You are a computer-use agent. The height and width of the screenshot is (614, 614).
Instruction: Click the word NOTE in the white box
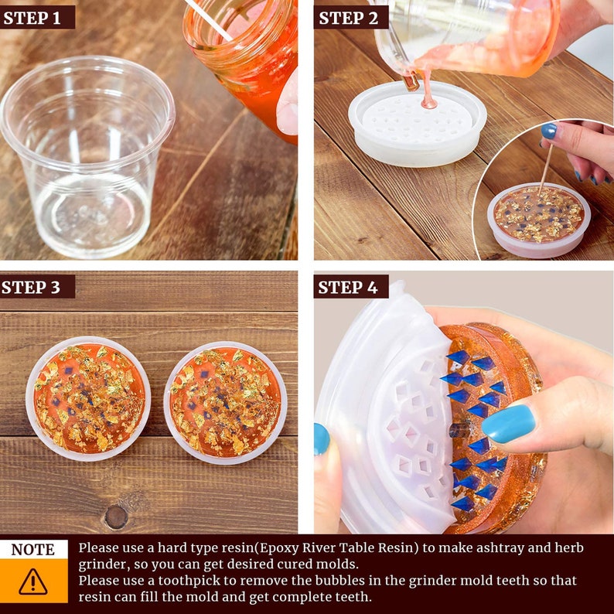(33, 549)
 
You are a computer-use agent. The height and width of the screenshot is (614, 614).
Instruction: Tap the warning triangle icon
(33, 582)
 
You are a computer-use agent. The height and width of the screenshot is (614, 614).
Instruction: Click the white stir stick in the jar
(209, 20)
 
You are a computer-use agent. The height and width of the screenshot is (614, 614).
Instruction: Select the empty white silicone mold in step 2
(417, 125)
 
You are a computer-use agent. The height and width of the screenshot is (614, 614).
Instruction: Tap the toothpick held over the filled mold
(545, 169)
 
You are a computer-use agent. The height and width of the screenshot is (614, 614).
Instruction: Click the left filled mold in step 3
(88, 398)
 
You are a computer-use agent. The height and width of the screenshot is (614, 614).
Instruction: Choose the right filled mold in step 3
(225, 403)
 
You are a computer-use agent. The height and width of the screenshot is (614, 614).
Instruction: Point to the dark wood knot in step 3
(116, 517)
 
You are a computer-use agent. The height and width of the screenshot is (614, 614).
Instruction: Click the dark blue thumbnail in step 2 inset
(548, 131)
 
